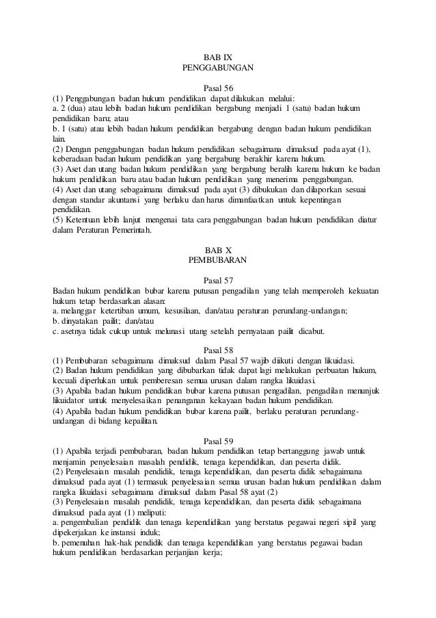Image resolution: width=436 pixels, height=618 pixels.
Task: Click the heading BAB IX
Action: [218, 57]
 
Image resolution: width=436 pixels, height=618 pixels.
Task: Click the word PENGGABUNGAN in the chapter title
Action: [218, 68]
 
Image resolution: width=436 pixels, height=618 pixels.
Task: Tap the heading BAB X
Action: [218, 250]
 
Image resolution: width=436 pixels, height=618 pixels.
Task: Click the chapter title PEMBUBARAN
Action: [218, 261]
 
